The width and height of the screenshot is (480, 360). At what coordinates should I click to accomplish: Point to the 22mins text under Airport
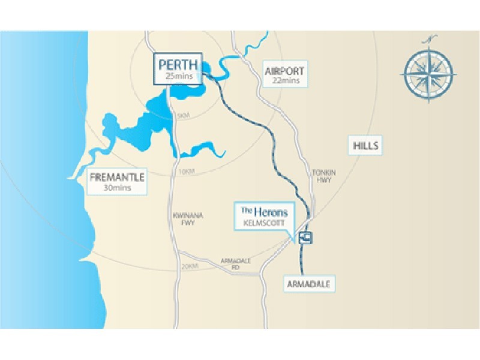285,80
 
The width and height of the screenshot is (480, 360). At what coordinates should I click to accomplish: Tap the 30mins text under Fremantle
118,188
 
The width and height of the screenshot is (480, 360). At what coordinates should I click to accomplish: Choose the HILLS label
365,145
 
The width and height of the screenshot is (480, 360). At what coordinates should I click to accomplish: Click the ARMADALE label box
308,284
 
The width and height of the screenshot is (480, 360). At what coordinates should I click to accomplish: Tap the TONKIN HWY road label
323,176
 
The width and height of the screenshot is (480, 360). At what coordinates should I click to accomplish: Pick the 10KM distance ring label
187,172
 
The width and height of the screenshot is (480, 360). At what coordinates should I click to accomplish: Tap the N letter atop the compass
429,40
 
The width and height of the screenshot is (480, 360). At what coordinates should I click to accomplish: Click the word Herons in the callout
272,211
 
